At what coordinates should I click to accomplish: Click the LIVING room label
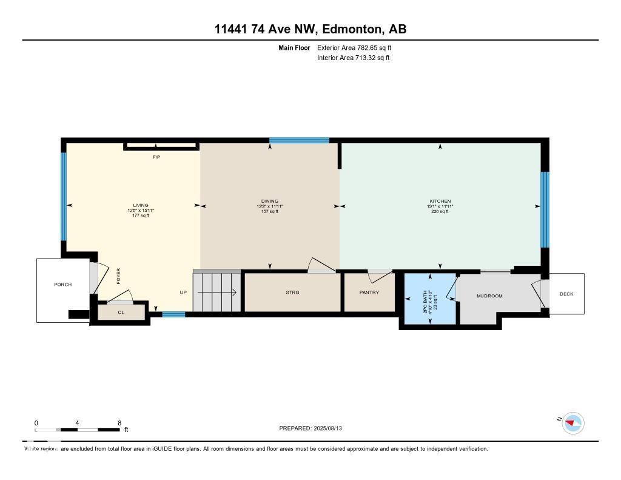141,205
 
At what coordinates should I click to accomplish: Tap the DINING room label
269,201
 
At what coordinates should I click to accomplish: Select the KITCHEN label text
440,201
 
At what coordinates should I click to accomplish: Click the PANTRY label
369,292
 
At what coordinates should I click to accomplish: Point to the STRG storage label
292,292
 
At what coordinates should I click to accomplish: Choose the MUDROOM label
489,296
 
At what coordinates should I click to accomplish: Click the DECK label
566,294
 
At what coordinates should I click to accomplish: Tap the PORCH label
62,285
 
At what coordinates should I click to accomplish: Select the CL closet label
121,313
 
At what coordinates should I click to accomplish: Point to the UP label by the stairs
183,292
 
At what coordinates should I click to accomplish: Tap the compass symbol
573,422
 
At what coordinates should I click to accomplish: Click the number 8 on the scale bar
119,423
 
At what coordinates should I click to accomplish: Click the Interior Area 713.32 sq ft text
353,58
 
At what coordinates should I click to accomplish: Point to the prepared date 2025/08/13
332,428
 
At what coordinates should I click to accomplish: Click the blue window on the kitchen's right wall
545,209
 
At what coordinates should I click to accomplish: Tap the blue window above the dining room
299,140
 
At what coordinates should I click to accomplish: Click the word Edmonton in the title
351,29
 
